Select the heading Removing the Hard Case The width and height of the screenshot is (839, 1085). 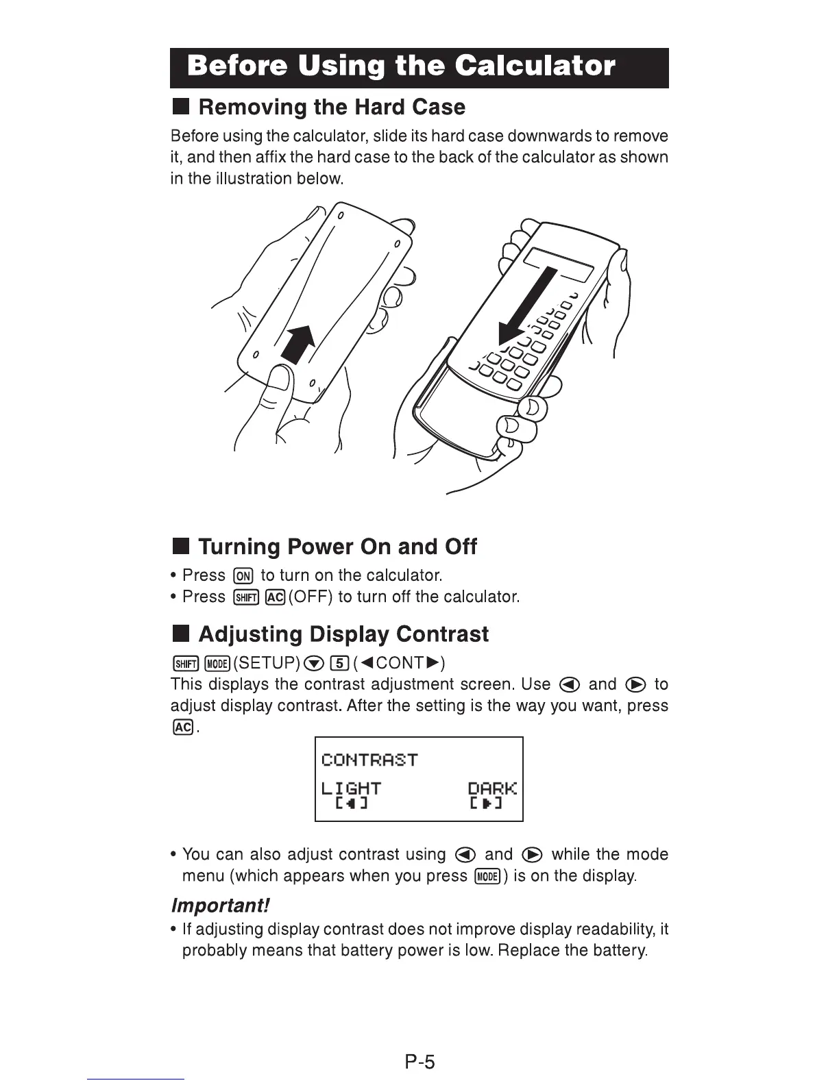click(332, 107)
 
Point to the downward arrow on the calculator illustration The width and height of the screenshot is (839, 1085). click(528, 305)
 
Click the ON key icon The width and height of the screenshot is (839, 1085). click(243, 575)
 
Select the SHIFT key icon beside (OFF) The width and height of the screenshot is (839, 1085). click(246, 597)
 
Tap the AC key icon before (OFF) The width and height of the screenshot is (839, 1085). click(276, 597)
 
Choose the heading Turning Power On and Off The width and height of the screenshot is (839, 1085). click(337, 547)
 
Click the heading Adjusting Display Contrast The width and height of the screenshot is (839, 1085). click(343, 634)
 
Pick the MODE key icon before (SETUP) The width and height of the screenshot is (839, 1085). click(217, 663)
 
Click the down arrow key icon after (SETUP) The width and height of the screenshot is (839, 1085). click(313, 663)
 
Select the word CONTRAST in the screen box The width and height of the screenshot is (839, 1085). click(369, 760)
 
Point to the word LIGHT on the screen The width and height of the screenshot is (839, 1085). click(350, 788)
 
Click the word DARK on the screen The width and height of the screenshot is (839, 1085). click(491, 788)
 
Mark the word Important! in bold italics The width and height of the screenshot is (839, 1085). click(221, 906)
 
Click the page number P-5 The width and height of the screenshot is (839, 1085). click(419, 1062)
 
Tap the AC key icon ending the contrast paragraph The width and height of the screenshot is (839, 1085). click(182, 727)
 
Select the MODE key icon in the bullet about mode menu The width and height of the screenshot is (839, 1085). click(487, 876)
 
